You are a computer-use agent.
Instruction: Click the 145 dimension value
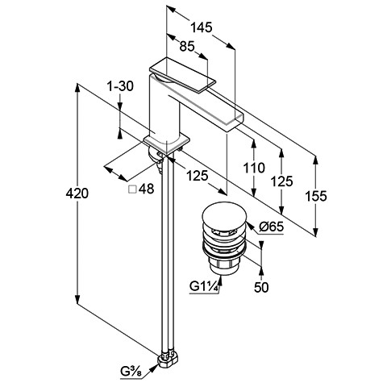click(202, 27)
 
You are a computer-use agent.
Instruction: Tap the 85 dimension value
click(187, 47)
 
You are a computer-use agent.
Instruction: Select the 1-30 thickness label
click(120, 86)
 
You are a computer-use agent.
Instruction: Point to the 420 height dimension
click(77, 193)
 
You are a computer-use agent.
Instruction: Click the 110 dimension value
click(254, 168)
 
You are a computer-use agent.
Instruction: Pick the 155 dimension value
click(316, 196)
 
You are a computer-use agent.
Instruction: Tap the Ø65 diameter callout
click(272, 227)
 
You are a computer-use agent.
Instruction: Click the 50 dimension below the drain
click(261, 288)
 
